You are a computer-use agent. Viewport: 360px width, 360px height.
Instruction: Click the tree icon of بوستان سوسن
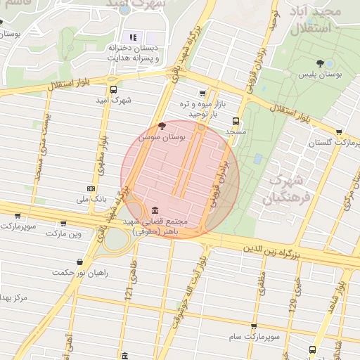(x=163, y=126)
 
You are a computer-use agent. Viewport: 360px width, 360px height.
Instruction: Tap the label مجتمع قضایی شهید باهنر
(x=153, y=226)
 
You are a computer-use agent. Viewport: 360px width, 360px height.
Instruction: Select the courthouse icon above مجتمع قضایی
(x=155, y=210)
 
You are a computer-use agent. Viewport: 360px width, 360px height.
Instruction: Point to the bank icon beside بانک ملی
(x=91, y=188)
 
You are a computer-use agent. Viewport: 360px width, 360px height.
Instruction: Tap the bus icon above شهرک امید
(x=114, y=89)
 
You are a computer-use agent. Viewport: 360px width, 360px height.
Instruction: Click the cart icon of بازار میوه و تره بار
(x=203, y=93)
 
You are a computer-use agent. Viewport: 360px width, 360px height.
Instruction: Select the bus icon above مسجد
(x=236, y=121)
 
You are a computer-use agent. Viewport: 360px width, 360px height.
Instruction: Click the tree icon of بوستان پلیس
(x=321, y=63)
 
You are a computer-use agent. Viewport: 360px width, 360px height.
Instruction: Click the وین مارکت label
(x=65, y=233)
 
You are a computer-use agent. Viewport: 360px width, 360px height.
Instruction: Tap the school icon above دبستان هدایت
(x=133, y=37)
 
